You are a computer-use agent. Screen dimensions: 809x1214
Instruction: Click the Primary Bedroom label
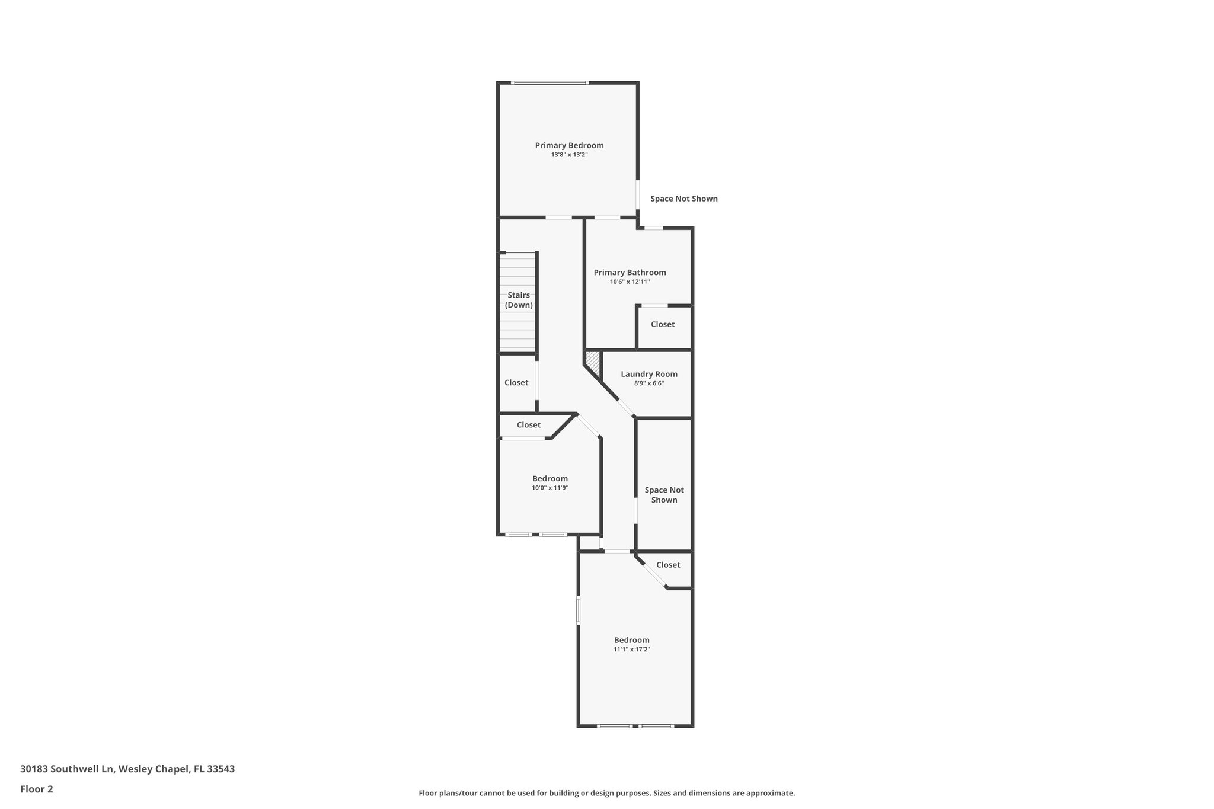click(x=569, y=145)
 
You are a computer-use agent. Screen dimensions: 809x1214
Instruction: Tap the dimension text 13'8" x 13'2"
click(x=569, y=155)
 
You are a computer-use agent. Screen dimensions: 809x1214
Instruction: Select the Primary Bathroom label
click(x=630, y=273)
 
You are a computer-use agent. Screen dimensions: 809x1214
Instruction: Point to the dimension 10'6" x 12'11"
click(x=630, y=282)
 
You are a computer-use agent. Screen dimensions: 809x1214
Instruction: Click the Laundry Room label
click(x=648, y=374)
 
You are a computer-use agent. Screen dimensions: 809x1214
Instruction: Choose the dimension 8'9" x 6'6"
click(x=648, y=383)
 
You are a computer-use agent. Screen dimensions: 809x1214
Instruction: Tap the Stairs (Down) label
click(x=519, y=300)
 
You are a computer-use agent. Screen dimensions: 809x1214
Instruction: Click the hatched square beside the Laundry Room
click(x=593, y=359)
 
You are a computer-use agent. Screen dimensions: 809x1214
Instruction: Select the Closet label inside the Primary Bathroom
click(x=662, y=324)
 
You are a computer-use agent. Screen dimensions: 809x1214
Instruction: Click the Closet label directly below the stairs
click(x=516, y=383)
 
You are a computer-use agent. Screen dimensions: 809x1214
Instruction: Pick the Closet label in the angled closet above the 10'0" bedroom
click(x=528, y=425)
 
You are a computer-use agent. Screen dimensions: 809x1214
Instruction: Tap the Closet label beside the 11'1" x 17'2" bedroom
click(x=667, y=565)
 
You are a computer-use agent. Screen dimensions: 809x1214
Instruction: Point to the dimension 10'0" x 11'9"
click(x=550, y=488)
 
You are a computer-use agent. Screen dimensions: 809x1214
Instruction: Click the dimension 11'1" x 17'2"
click(x=631, y=650)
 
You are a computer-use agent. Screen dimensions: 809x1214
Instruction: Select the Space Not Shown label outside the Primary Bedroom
click(x=683, y=199)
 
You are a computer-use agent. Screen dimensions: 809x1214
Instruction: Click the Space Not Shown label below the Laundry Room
click(x=664, y=495)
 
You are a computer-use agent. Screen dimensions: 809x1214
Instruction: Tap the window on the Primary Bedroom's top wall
click(x=550, y=82)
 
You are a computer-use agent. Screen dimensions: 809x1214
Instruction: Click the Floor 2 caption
click(x=36, y=789)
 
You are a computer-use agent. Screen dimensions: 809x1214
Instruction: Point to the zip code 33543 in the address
click(x=221, y=769)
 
